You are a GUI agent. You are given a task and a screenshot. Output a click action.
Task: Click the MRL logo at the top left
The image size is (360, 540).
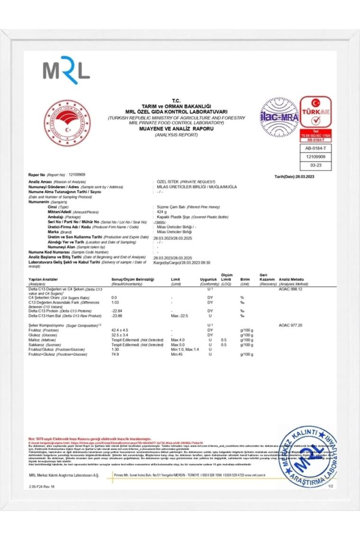click(x=66, y=70)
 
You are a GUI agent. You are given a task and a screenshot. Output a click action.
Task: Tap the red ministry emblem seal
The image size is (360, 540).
click(x=67, y=123)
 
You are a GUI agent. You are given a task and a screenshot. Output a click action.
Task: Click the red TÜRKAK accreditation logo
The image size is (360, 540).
click(x=316, y=112)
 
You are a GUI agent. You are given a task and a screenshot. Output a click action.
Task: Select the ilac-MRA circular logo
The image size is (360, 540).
click(x=279, y=117)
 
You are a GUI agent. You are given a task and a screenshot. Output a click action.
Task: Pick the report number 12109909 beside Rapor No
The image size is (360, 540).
click(x=77, y=175)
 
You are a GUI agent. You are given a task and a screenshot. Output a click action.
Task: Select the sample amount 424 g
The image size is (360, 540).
click(x=162, y=212)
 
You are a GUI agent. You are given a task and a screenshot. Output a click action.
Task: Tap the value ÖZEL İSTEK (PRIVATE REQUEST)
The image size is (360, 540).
click(x=186, y=182)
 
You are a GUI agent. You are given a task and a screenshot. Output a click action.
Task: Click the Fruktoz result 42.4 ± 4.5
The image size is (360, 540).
click(x=120, y=330)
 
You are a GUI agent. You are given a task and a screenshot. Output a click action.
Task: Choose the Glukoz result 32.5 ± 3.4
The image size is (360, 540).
click(x=120, y=335)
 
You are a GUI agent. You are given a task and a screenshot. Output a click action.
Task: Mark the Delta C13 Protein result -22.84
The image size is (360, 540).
click(x=117, y=311)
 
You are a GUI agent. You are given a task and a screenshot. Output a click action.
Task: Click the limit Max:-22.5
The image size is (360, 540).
click(x=180, y=315)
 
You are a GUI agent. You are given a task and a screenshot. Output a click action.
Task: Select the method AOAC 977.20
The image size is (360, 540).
click(x=290, y=325)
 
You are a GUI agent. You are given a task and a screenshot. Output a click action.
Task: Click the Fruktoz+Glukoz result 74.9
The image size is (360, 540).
click(x=115, y=354)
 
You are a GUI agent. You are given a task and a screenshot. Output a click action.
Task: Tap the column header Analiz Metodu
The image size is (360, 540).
click(x=292, y=279)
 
